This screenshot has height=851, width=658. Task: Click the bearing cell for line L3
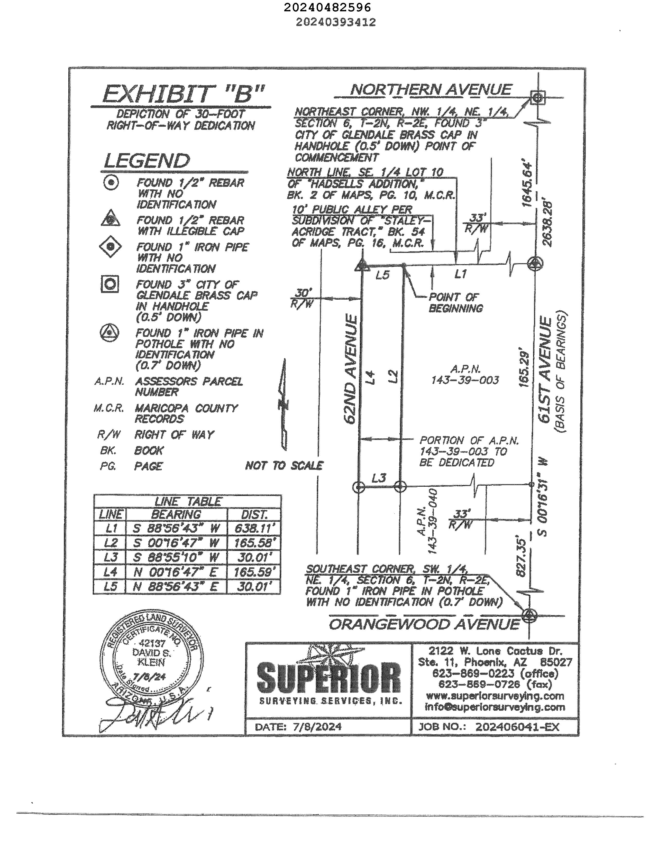coord(176,557)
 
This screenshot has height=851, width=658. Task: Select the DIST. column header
coord(254,515)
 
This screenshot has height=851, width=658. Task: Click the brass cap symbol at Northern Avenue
coord(537,97)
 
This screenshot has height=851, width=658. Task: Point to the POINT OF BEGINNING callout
coord(455,303)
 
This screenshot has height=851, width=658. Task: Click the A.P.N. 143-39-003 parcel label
coord(465,374)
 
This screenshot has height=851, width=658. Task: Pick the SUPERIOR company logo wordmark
coord(328,678)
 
